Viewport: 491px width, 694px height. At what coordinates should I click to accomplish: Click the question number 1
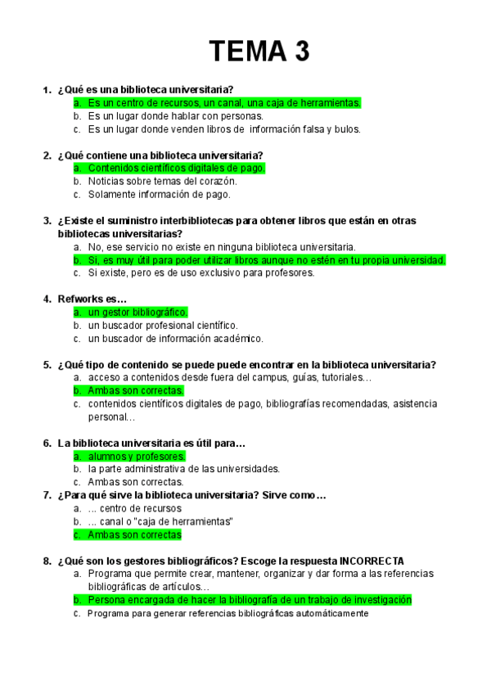46,89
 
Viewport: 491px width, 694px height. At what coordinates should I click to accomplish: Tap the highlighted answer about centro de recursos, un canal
223,102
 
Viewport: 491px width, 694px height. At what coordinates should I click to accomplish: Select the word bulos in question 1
347,128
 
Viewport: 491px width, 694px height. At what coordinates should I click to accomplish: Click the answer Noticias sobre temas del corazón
162,181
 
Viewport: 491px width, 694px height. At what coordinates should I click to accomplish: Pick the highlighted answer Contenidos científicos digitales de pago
176,168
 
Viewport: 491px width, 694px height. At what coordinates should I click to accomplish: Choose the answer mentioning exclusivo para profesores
200,273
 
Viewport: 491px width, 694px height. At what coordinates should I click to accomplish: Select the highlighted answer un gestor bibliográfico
137,312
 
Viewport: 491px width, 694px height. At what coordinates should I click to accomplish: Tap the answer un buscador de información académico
175,338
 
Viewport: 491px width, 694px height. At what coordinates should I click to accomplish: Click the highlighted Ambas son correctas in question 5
136,390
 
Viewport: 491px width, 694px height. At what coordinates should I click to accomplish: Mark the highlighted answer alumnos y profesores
137,456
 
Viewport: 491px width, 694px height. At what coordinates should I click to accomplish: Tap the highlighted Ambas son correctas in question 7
134,534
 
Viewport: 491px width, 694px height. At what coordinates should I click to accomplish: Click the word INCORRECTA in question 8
371,561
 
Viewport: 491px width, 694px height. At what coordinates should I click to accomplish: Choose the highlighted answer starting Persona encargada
250,600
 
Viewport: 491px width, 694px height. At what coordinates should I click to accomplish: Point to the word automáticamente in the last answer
327,613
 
